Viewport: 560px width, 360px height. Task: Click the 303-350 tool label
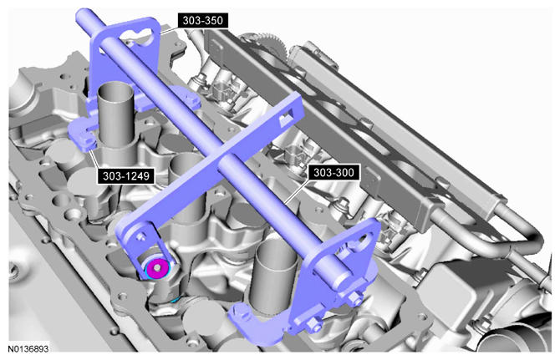[203, 21]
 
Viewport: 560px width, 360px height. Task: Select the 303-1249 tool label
[125, 176]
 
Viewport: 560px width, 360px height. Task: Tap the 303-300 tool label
[333, 173]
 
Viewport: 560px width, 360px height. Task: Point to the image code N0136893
[28, 348]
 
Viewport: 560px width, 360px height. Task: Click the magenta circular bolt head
[157, 267]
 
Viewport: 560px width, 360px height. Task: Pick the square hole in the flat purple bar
[287, 118]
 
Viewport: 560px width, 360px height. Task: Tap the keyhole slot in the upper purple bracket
[139, 36]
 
